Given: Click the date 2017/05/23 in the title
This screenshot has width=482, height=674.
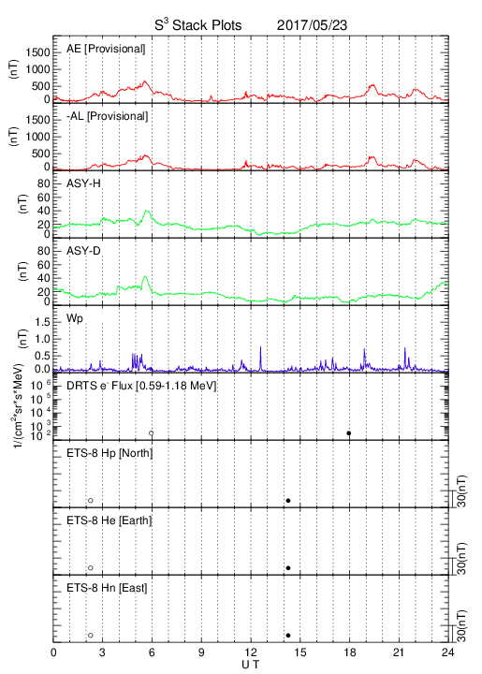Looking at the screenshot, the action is (x=312, y=25).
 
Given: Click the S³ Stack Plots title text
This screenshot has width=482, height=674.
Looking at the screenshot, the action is (x=198, y=25).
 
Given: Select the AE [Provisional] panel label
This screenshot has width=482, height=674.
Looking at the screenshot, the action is (x=106, y=49).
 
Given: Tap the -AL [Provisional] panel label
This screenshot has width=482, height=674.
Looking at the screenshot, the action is (x=107, y=116).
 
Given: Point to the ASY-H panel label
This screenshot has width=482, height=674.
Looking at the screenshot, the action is (x=83, y=183).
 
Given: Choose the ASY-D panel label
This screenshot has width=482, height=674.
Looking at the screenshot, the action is (x=83, y=251).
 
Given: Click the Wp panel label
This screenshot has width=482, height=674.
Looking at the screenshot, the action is (x=75, y=319).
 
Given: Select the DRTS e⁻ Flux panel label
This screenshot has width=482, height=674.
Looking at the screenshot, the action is (x=141, y=386).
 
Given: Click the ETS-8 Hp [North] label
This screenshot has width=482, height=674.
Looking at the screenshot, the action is (x=110, y=453).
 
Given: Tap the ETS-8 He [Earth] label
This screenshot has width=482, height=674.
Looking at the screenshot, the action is (x=110, y=520).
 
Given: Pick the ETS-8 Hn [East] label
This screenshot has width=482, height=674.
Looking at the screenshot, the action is (x=107, y=588).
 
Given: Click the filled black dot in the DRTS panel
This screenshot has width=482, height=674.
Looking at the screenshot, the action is (x=349, y=433).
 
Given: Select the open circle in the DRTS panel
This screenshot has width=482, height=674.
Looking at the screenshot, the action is (x=152, y=433).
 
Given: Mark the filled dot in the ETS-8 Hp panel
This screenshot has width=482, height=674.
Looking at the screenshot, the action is (x=288, y=500).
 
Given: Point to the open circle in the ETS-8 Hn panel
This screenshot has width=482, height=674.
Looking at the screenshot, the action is (x=91, y=636).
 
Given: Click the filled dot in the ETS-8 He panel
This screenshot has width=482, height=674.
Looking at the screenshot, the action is (x=288, y=568).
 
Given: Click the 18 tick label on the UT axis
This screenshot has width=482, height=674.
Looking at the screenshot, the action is (x=350, y=652).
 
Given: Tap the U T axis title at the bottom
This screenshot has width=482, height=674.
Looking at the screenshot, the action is (x=251, y=665).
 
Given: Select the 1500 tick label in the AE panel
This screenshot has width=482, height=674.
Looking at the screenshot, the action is (x=37, y=52).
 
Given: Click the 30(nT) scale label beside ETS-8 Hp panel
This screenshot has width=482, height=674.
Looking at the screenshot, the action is (x=461, y=491).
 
